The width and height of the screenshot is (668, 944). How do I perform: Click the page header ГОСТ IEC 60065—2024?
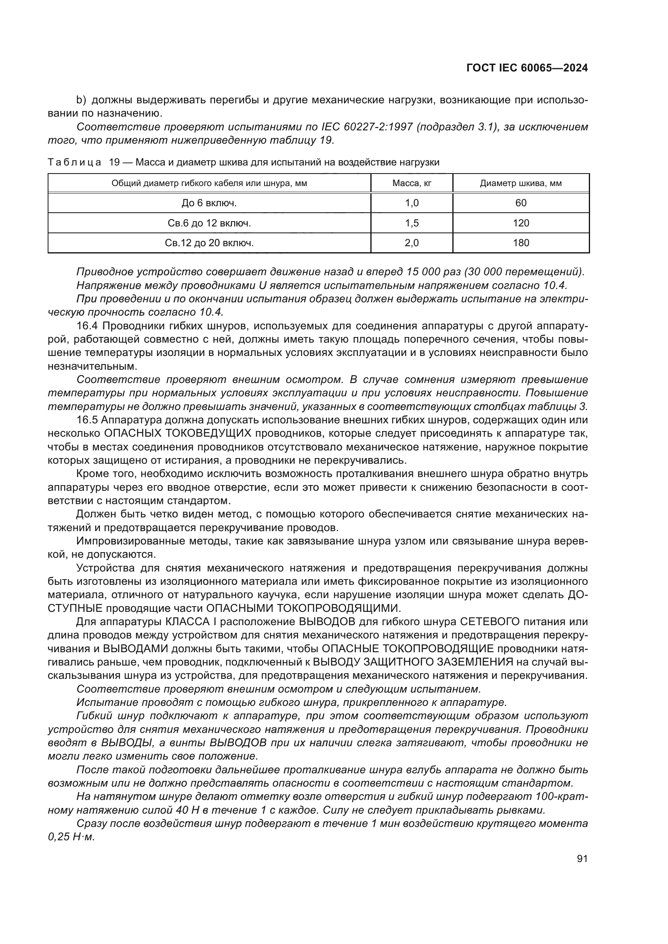(527, 68)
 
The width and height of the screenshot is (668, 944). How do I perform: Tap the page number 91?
(582, 858)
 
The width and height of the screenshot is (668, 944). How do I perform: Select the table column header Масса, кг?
(411, 183)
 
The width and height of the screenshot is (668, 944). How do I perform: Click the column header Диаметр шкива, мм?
(521, 183)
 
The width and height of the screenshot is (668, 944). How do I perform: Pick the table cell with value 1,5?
(411, 223)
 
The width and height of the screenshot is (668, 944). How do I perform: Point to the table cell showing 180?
(521, 243)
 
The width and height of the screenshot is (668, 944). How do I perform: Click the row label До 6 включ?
(209, 203)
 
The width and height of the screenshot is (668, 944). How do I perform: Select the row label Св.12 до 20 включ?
(209, 243)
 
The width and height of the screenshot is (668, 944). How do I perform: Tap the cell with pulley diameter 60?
(521, 203)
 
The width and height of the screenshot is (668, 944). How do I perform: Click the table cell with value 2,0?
(411, 243)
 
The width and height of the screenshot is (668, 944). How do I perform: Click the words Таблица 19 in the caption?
(84, 162)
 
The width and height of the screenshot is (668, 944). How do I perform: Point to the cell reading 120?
(521, 223)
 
